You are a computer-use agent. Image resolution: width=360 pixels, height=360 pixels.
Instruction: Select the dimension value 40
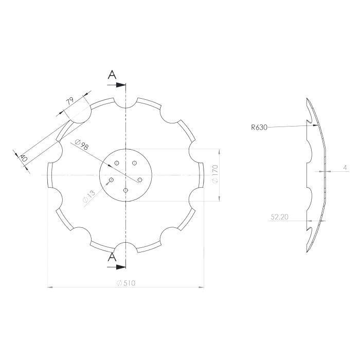tap(23, 158)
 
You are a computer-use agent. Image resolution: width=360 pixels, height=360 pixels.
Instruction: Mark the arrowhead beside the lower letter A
tap(121, 266)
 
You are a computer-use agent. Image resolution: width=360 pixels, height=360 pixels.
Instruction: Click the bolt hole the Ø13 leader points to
tap(112, 180)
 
